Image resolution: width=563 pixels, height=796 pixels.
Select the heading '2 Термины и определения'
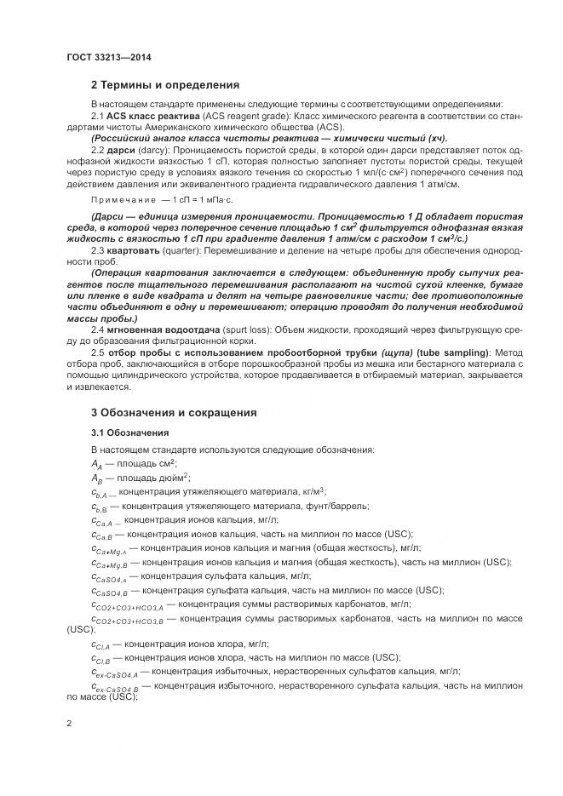point(164,85)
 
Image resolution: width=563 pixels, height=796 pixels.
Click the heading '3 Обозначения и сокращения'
point(174,413)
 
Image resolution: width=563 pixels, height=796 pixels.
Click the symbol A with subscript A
point(97,464)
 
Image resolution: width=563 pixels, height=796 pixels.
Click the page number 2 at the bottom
point(68,724)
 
